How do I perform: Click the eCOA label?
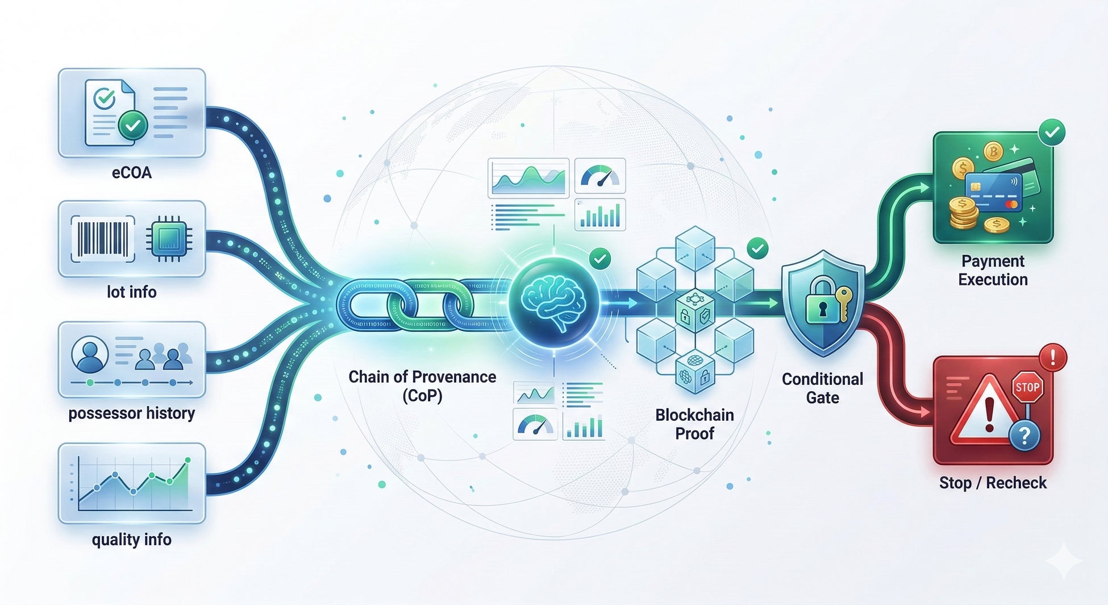point(132,172)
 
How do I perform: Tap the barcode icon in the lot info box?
point(102,238)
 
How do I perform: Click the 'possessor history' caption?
point(132,413)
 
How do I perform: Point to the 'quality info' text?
point(132,539)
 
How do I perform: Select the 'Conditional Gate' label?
point(822,388)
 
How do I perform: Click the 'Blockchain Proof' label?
point(694,424)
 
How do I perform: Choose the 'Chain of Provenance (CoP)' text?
point(422,386)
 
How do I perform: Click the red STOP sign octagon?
point(1027,388)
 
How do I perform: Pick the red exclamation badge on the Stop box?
point(1052,358)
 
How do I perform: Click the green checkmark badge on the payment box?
point(1052,132)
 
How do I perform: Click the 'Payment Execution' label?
point(993,270)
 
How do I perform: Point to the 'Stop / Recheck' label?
point(993,483)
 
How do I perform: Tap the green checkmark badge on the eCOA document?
point(133,126)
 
